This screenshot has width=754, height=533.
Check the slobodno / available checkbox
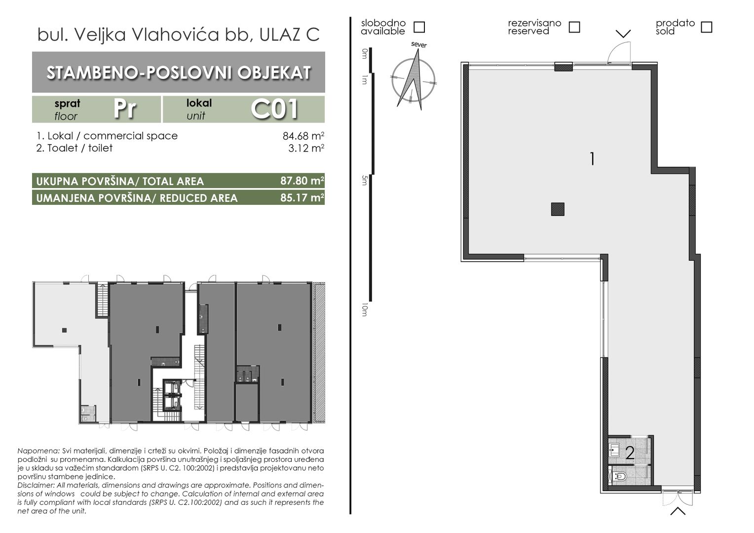[419, 27]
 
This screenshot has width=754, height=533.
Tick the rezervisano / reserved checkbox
[574, 27]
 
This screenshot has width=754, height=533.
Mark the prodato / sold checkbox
[707, 27]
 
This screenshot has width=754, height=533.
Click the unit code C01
[275, 109]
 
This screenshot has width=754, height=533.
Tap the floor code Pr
[125, 109]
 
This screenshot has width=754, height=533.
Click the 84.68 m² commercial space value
[303, 136]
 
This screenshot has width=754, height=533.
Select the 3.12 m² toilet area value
[306, 148]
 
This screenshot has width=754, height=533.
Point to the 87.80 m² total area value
[302, 181]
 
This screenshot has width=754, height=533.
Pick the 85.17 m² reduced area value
[302, 197]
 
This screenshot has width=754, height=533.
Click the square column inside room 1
[558, 209]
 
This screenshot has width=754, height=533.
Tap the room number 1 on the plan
[592, 159]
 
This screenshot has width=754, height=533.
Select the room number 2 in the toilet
[630, 453]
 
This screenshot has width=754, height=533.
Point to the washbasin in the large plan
[615, 450]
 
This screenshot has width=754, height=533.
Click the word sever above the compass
[419, 45]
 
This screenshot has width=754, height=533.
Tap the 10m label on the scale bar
[364, 309]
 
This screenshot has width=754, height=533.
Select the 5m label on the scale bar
[364, 181]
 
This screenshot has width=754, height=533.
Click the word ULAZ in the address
[281, 35]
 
